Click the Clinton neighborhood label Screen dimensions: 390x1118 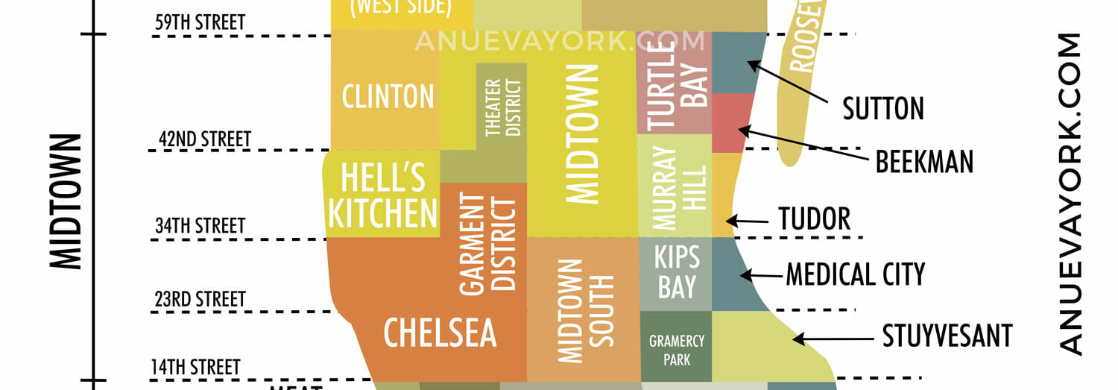(388, 96)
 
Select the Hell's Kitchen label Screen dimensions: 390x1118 (382, 196)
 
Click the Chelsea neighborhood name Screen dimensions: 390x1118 (440, 333)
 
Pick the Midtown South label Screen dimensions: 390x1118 (586, 311)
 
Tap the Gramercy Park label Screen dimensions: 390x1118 (677, 350)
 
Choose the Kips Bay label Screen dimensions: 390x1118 (677, 273)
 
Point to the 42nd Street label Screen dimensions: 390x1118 (205, 139)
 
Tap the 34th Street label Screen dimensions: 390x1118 (200, 225)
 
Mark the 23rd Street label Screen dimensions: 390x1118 (200, 300)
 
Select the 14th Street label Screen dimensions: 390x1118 (195, 367)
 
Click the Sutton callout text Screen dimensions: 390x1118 (883, 109)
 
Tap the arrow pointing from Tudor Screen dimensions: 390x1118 (747, 221)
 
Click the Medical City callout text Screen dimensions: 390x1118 (856, 274)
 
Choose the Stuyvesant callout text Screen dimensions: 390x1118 (947, 336)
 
